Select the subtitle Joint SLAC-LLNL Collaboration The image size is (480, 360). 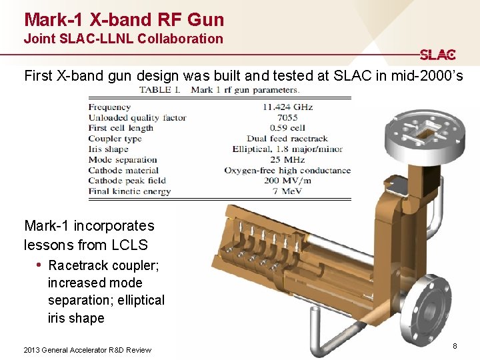coord(123,39)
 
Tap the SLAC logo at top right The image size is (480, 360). coord(437,55)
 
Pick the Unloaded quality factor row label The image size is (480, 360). coord(137,117)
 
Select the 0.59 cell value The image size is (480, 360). coord(287,128)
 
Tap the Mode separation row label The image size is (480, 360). coord(123,159)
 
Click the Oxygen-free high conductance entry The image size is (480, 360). coord(287,170)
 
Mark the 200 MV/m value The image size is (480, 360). coord(287,181)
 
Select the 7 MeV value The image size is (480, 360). coord(287,191)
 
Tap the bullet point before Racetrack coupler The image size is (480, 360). coord(40,265)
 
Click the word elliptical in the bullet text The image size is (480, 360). coord(139,300)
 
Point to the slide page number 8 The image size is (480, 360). coord(455,346)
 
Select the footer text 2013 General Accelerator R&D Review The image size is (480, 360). coord(87,350)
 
